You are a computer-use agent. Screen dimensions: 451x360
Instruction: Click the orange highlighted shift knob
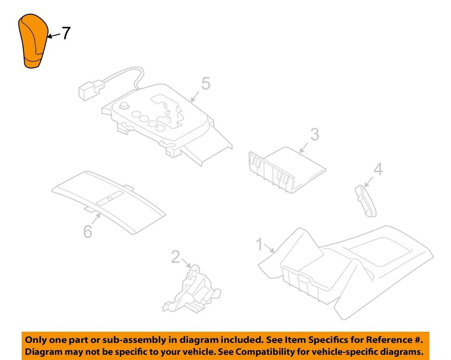(x=33, y=41)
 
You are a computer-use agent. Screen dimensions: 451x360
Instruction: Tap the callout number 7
(x=66, y=33)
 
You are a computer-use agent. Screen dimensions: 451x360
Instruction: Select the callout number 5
(x=206, y=83)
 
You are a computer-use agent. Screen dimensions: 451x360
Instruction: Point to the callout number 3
(x=315, y=134)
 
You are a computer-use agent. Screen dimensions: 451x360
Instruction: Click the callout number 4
(x=378, y=169)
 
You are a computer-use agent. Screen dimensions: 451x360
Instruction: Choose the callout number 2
(x=175, y=257)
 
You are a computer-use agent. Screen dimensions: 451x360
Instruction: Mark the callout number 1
(x=259, y=244)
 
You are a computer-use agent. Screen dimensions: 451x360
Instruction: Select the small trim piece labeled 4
(x=365, y=201)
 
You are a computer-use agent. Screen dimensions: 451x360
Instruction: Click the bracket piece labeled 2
(x=192, y=292)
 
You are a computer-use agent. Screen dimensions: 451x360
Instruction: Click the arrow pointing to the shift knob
(x=54, y=36)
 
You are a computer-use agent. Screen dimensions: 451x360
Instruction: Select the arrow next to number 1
(x=269, y=248)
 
